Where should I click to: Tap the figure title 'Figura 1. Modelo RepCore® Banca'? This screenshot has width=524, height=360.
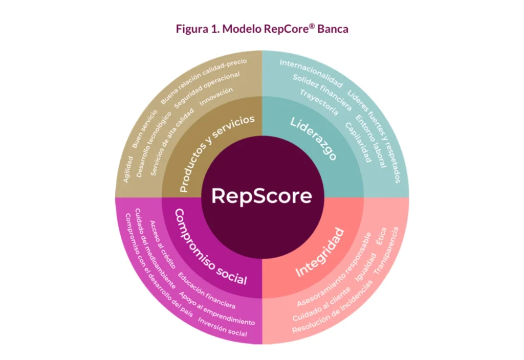coord(261,29)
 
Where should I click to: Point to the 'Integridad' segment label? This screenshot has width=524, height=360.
coord(320,252)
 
